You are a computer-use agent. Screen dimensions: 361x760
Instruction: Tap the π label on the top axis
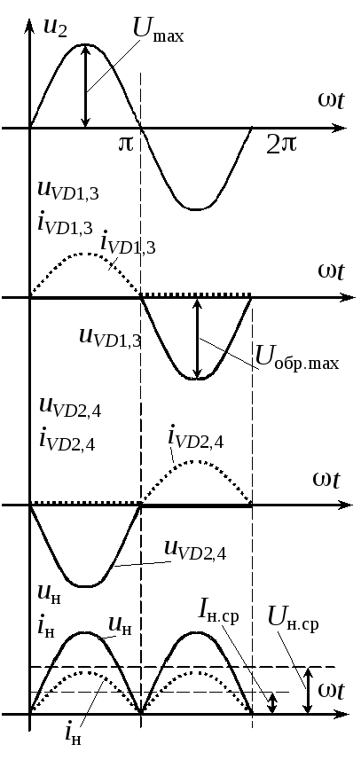coord(125,144)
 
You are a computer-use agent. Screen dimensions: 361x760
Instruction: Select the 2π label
coord(281,144)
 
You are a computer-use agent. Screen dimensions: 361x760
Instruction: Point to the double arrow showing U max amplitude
coord(86,86)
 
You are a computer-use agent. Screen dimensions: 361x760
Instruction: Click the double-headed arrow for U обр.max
coord(197,338)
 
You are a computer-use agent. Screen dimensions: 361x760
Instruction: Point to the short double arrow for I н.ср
coord(272,703)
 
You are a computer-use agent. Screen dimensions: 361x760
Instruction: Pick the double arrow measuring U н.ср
coord(308,690)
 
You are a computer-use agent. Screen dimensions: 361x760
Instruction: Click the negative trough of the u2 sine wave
coord(195,209)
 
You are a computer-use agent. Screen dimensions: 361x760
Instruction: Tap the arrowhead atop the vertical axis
coord(30,22)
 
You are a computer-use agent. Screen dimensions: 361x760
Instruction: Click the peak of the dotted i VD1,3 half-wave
coord(86,254)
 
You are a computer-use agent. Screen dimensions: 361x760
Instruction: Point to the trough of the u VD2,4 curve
coord(85,586)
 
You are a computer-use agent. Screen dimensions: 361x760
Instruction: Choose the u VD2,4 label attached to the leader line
coord(195,550)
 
